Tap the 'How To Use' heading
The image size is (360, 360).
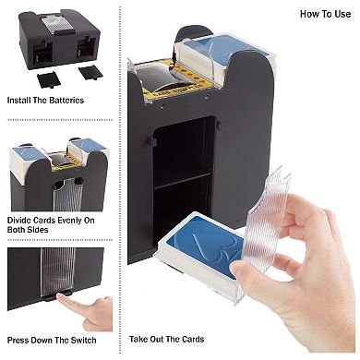coord(324,14)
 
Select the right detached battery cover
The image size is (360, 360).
coord(89,71)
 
